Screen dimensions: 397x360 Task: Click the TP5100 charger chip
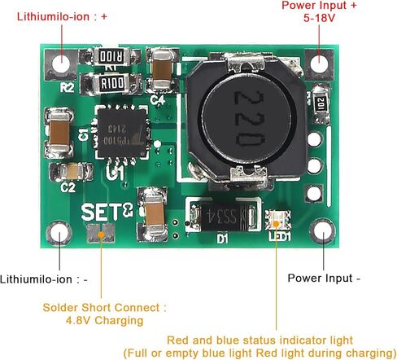[x=122, y=133]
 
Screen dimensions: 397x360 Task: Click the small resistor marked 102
[x=321, y=104]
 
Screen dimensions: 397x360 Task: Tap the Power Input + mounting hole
[x=319, y=64]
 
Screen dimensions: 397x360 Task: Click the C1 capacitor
[x=59, y=133]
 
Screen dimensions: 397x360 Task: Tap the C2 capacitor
[x=72, y=172]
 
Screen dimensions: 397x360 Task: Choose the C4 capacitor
[x=162, y=70]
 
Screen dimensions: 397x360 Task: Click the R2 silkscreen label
[x=67, y=88]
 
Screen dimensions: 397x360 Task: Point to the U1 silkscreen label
[x=116, y=173]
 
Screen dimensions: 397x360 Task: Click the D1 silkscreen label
[x=222, y=239]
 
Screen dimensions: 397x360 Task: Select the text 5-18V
[x=319, y=18]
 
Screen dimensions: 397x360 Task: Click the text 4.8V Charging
[x=104, y=320]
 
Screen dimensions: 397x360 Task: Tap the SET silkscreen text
[x=107, y=212]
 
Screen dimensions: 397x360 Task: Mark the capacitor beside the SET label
[x=153, y=214]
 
